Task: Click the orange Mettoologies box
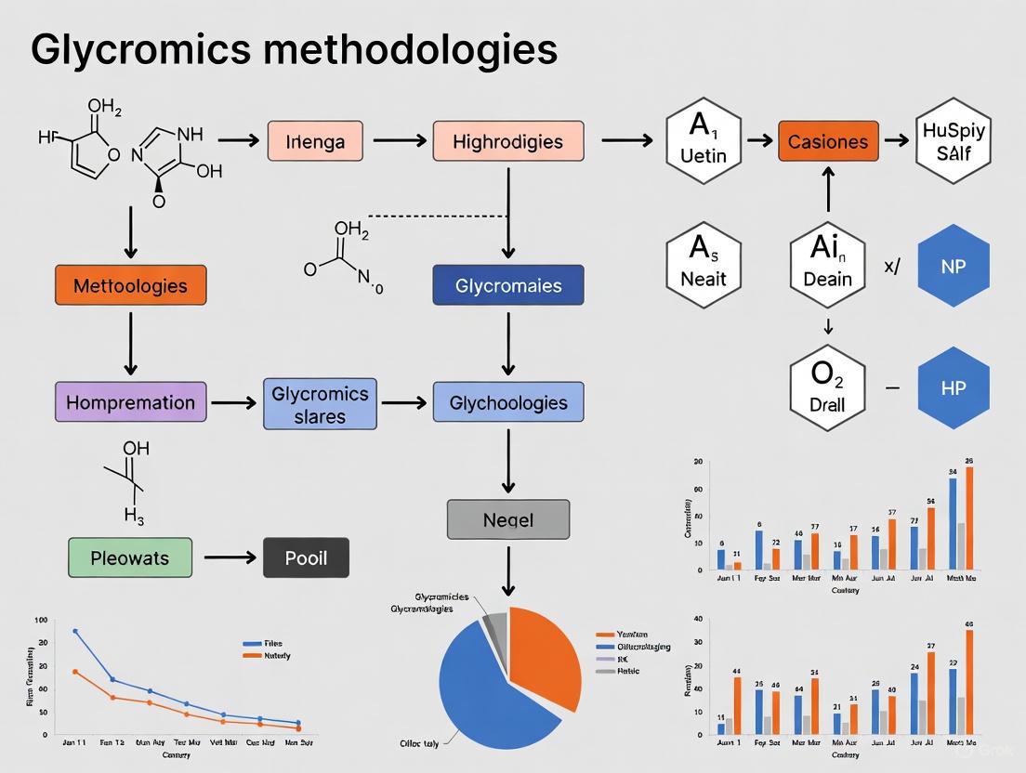point(130,285)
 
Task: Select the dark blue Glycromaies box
point(507,285)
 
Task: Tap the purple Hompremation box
point(130,402)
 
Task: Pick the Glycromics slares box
point(320,404)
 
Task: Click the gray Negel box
point(507,519)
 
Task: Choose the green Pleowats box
point(130,558)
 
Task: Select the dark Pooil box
point(307,558)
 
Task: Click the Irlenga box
point(315,141)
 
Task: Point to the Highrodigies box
point(507,141)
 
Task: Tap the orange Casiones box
point(827,141)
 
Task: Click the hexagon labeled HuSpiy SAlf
point(953,141)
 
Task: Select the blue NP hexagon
point(953,266)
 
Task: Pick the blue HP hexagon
point(953,387)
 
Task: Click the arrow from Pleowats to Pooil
point(229,557)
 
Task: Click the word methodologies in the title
point(410,48)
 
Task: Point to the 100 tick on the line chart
point(40,620)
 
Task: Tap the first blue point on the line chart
point(75,631)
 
